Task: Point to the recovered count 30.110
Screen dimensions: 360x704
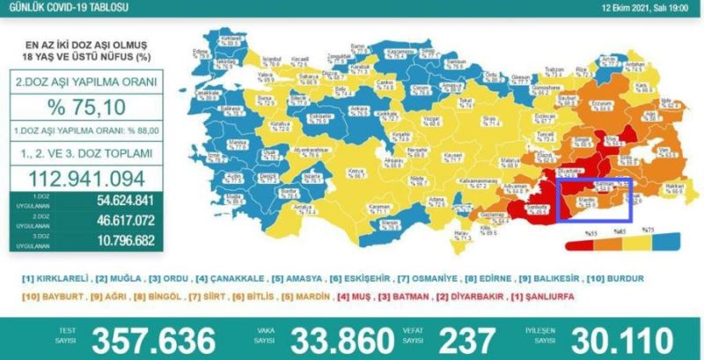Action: (632, 339)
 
